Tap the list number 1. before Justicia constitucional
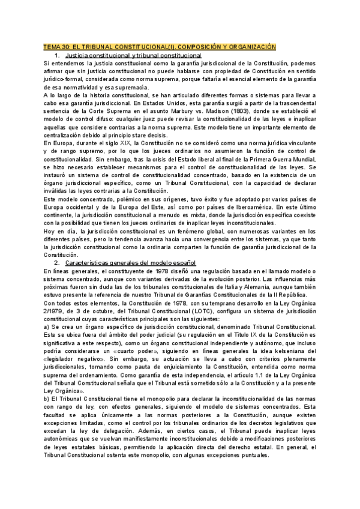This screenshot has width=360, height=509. pos(56,55)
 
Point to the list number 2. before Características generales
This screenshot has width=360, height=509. pos(56,263)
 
